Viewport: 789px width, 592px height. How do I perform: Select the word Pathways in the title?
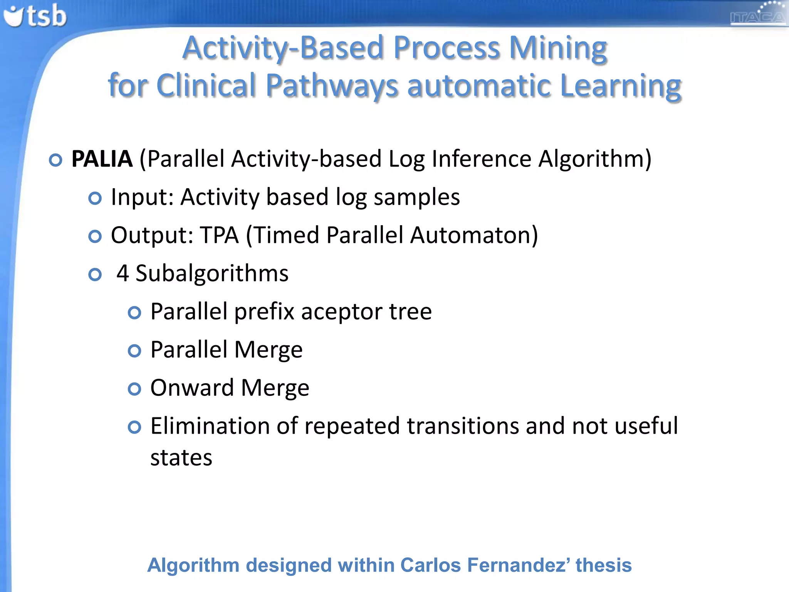[331, 86]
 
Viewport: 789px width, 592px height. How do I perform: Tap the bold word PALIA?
[102, 159]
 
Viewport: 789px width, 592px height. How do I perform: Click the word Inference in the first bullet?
[482, 159]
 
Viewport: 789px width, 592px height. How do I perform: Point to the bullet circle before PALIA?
[56, 160]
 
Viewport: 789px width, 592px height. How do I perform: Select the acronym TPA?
[219, 235]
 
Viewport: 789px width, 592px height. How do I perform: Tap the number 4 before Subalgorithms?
[123, 273]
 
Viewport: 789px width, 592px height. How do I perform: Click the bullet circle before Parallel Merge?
[134, 351]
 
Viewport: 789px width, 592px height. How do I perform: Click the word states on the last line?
[181, 458]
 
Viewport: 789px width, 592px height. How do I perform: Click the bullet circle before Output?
[95, 236]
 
